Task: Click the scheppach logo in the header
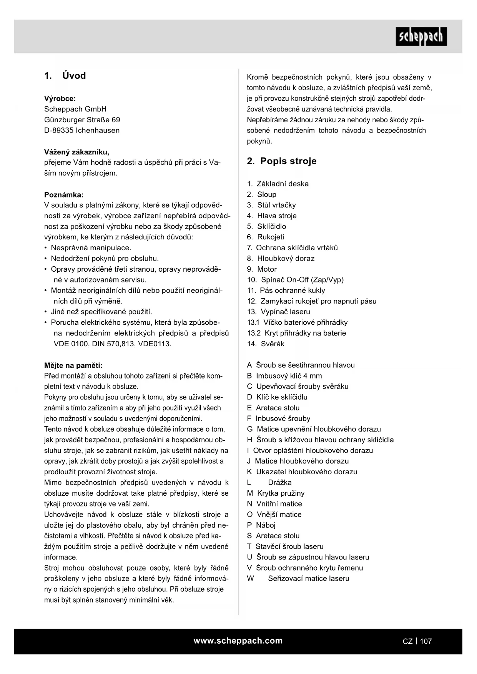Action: tap(421, 37)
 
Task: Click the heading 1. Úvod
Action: tap(65, 76)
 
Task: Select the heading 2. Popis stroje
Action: tap(282, 161)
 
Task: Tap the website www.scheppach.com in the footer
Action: tap(238, 641)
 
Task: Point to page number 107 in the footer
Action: tap(426, 641)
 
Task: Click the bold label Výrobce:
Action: tap(60, 98)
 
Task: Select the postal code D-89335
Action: tap(59, 130)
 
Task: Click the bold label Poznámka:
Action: tap(64, 194)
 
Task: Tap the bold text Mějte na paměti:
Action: tap(73, 365)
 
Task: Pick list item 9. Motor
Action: tap(262, 269)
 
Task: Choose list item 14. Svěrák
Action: tap(266, 344)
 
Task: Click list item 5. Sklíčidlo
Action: tap(266, 226)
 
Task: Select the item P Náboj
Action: tap(261, 525)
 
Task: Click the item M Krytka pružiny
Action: tap(276, 493)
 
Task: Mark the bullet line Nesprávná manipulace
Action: tap(91, 248)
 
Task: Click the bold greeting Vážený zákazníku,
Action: tap(77, 152)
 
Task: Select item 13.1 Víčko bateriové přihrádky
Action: tap(297, 322)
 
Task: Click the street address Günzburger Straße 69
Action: tap(82, 120)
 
